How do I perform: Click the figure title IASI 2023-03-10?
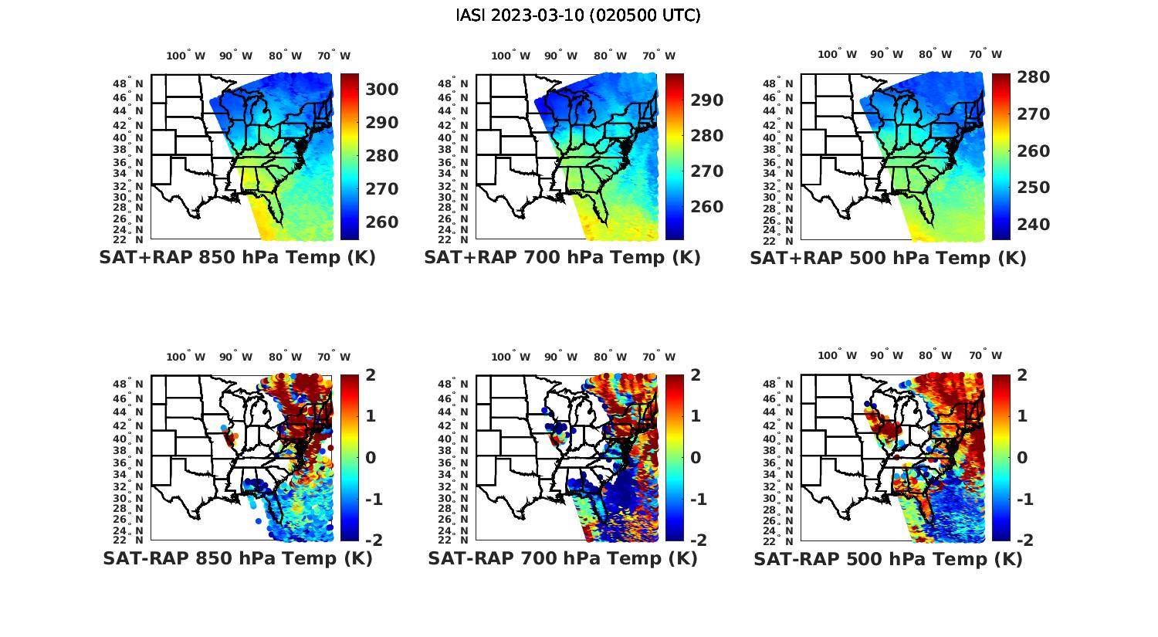[x=578, y=15]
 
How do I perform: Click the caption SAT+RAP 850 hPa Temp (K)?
[x=237, y=258]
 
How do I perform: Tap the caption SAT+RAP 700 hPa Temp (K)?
[x=562, y=258]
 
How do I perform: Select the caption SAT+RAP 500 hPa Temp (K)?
[x=888, y=258]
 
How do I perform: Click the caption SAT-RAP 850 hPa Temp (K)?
[x=237, y=559]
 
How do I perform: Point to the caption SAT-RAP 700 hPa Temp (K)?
[x=562, y=559]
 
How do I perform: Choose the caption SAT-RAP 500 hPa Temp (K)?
[x=888, y=559]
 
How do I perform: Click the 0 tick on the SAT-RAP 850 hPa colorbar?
[x=371, y=458]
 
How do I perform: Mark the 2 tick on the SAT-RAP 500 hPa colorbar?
[x=1021, y=375]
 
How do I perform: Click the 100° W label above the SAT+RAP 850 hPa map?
[x=186, y=56]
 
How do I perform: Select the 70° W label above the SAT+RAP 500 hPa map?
[x=985, y=55]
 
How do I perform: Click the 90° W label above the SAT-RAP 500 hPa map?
[x=886, y=356]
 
